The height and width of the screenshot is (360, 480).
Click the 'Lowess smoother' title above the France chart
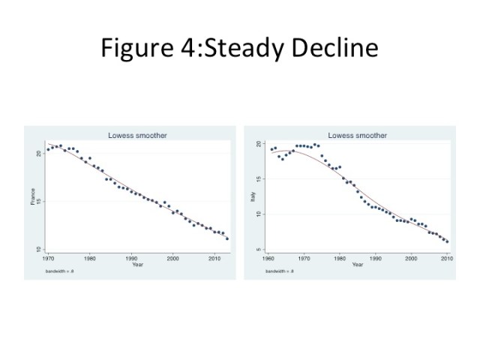coord(136,136)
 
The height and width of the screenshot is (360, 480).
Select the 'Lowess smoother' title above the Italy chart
coord(358,136)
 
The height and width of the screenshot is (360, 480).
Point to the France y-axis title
coord(32,197)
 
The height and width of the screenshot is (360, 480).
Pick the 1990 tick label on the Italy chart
coord(375,259)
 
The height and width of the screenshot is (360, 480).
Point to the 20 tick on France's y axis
coord(40,153)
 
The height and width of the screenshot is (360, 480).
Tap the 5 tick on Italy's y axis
coord(259,249)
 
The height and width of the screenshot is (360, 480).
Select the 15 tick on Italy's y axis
coord(259,178)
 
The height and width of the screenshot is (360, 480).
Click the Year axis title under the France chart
coord(136,264)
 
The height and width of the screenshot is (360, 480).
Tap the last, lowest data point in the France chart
coord(227,238)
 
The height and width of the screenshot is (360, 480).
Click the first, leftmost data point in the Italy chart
coord(271,149)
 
